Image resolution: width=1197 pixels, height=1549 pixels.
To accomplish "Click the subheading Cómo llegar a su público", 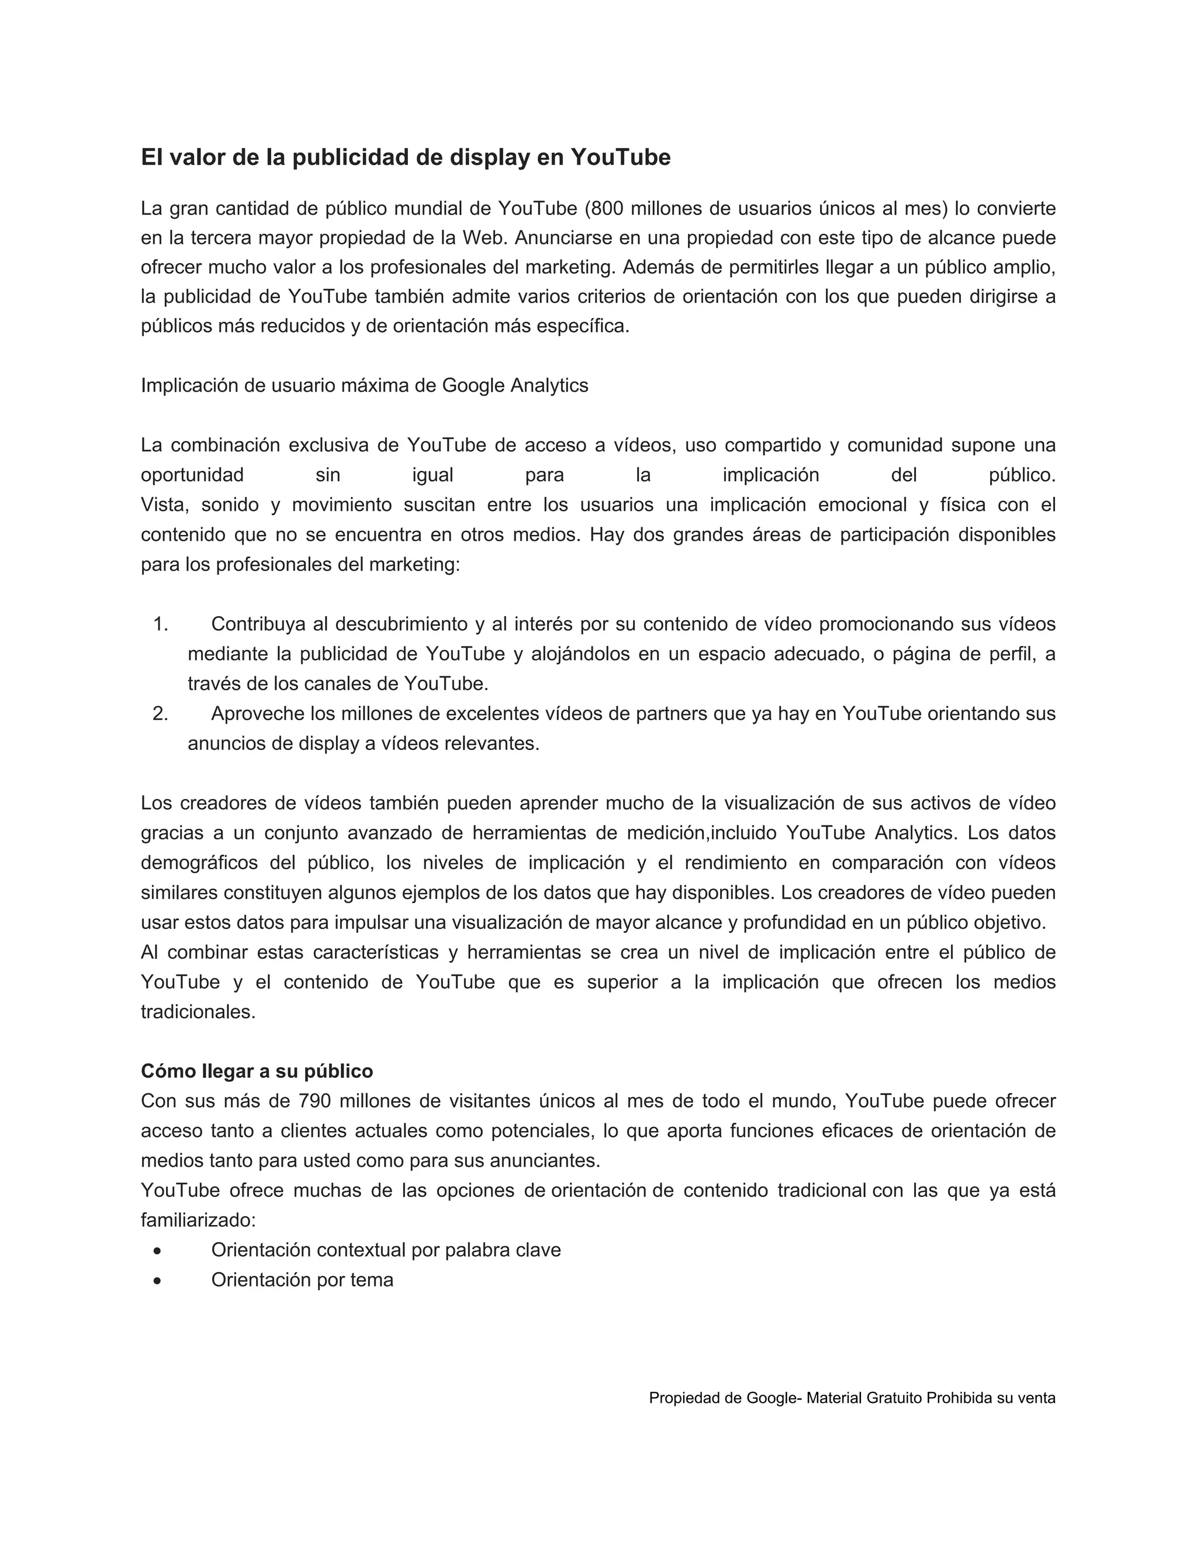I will coord(257,1070).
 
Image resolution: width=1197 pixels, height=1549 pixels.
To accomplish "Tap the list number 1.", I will coord(160,624).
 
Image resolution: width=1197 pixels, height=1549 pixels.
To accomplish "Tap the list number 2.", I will coord(160,714).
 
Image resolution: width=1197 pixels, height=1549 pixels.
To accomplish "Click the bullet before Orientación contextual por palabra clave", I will coord(157,1250).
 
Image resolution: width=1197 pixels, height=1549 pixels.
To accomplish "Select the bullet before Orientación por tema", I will coord(157,1280).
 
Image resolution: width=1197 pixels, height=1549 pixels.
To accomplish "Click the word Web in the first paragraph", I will coord(482,238).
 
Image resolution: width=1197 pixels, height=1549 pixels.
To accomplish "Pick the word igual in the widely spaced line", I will coord(433,475).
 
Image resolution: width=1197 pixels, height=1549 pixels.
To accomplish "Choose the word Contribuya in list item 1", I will coord(258,624).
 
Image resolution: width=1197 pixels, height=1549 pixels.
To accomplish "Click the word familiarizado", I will coord(197,1220).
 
